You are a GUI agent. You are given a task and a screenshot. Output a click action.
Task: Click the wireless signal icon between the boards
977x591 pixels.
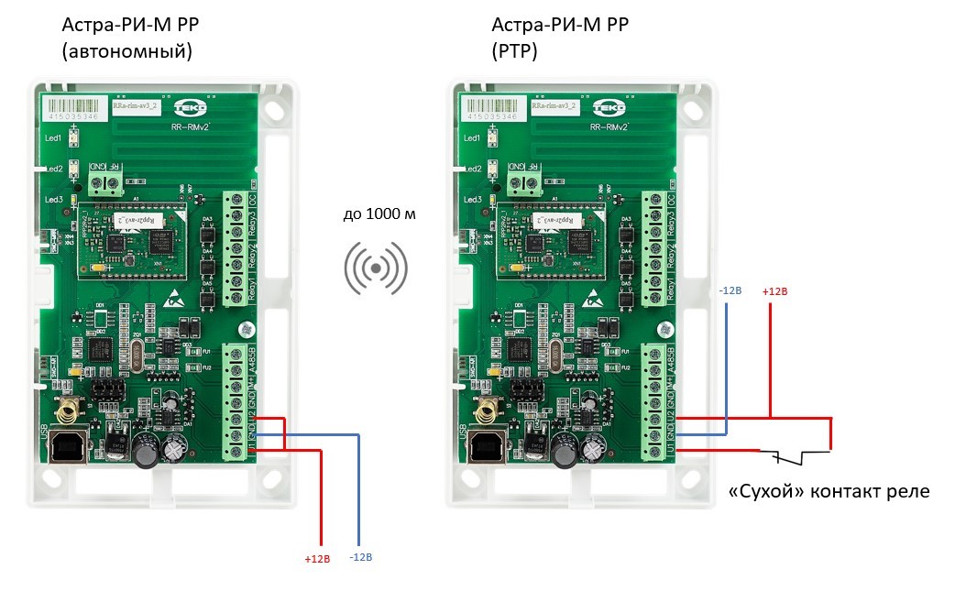pos(376,268)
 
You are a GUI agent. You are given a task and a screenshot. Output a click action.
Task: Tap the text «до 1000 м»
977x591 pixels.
pos(379,214)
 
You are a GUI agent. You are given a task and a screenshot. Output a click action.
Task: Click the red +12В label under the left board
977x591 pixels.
pos(317,558)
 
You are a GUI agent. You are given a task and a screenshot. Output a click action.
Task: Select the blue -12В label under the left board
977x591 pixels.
pos(362,557)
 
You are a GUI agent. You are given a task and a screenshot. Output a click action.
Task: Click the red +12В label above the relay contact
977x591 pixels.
pos(774,291)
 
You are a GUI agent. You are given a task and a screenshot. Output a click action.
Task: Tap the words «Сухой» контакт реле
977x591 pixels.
pos(828,491)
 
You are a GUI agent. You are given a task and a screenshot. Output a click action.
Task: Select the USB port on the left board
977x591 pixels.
pos(67,448)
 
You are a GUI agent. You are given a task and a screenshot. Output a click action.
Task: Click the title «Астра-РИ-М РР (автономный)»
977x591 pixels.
pos(126,38)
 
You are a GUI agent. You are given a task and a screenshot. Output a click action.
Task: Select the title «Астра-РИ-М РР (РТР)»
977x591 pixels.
pos(560,38)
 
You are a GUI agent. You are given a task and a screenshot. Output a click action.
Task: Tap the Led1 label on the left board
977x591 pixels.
pos(52,138)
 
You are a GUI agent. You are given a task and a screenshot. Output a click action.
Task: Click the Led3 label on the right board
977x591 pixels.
pos(472,199)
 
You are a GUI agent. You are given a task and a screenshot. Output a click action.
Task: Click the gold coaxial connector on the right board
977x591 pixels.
pos(487,409)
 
